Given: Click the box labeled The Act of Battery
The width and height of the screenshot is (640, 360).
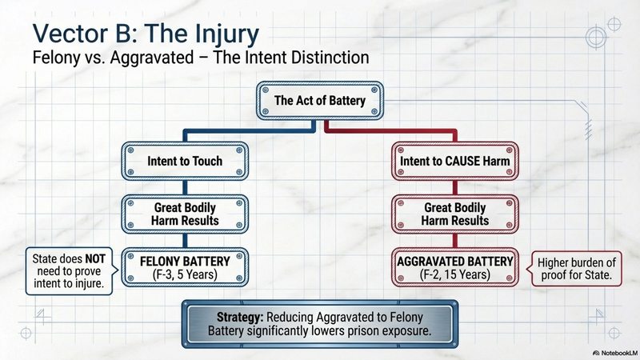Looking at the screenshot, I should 319,102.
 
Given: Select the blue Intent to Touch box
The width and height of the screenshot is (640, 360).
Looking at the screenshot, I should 184,161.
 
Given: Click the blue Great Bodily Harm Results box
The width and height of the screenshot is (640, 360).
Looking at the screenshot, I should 184,213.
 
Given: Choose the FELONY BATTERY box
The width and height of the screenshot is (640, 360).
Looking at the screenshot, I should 184,266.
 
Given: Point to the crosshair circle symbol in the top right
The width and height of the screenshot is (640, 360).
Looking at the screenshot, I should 597,37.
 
